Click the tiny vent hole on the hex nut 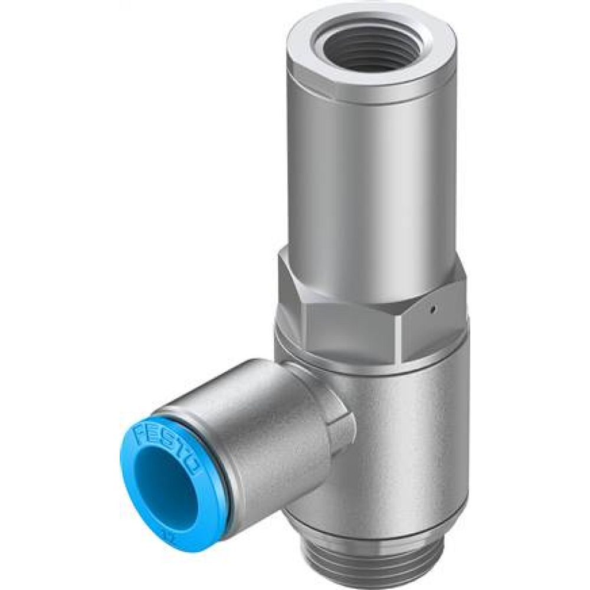[432, 307]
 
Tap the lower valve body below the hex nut [407, 448]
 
